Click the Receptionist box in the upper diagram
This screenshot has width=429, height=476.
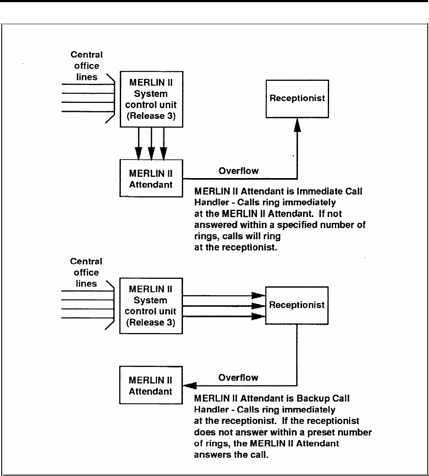297,99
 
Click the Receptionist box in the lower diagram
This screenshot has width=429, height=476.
297,305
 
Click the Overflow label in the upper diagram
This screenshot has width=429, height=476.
238,170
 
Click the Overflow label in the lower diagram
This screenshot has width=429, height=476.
238,377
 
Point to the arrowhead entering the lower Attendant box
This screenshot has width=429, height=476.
189,385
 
